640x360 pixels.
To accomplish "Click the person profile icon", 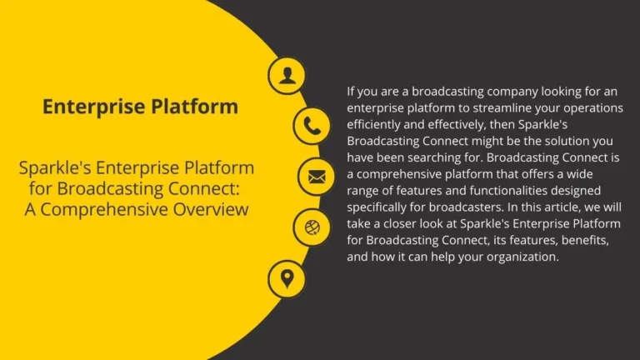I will point(287,76).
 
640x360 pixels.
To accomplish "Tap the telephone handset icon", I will point(312,127).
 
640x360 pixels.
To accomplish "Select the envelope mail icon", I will point(317,177).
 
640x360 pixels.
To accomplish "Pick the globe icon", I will point(312,227).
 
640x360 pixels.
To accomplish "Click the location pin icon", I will point(287,277).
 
